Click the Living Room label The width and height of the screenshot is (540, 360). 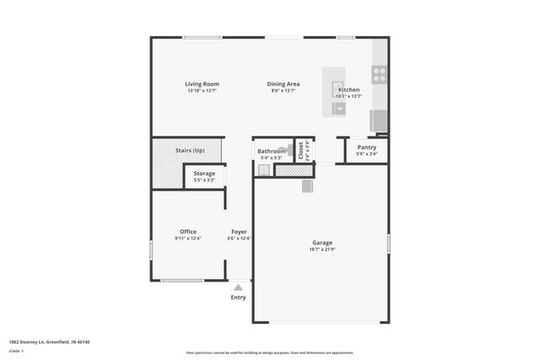pos(202,83)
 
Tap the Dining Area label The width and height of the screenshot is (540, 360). pos(283,83)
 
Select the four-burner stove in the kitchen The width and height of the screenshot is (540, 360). pos(379,74)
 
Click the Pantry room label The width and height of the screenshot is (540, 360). pos(366,148)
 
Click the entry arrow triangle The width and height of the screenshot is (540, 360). pos(238,287)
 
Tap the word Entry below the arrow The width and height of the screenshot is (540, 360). pos(238,297)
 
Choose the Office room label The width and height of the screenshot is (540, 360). pos(187,231)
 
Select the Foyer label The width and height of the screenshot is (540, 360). pos(239,231)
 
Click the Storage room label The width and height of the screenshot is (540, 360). pos(204,173)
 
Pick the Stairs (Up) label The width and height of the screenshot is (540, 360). pos(190,150)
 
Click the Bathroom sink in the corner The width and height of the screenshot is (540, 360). pos(262,169)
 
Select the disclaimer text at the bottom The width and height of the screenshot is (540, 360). pos(269,352)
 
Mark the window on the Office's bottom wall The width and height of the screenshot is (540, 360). pos(182,281)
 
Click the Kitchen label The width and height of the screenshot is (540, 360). pos(348,89)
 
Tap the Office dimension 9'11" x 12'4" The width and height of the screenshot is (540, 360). pos(187,239)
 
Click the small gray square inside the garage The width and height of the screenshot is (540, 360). pos(307,187)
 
